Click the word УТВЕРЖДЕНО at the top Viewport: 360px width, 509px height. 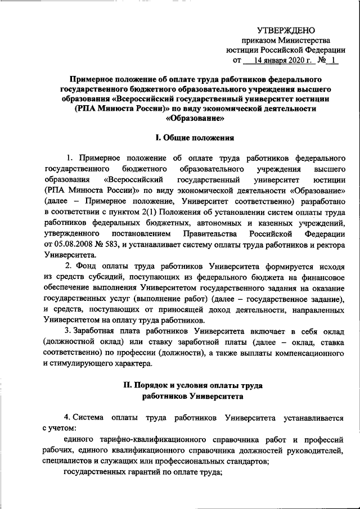(286, 30)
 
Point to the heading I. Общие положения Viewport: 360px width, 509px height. (195, 137)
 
